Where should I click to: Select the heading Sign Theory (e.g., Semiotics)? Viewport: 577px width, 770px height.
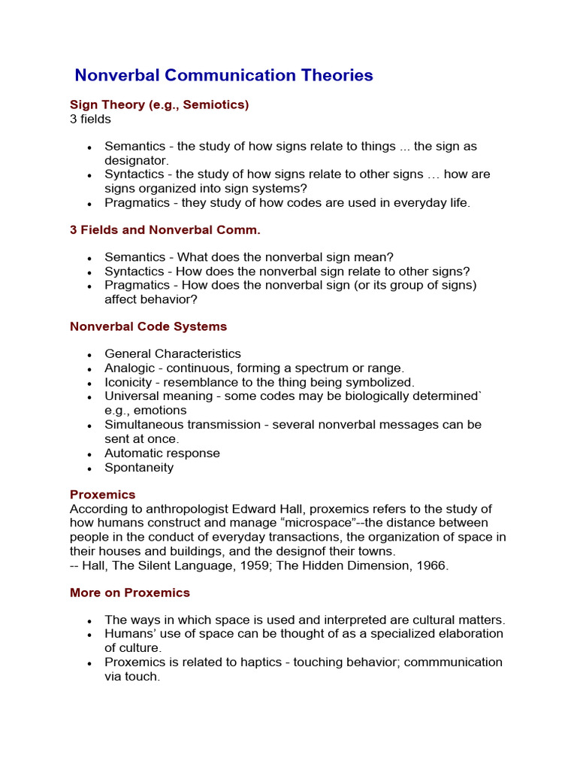[x=159, y=105]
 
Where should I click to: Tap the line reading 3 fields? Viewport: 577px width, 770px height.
[x=90, y=119]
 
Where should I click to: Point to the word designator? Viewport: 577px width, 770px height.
[x=136, y=160]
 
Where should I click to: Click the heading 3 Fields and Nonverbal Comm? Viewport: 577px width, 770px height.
[x=165, y=229]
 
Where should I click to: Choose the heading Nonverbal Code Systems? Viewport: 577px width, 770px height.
[x=148, y=326]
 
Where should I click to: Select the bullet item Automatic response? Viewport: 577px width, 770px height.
[x=162, y=453]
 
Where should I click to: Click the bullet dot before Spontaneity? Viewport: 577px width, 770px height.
[x=89, y=468]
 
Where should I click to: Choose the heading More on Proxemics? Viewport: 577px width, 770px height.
[x=130, y=593]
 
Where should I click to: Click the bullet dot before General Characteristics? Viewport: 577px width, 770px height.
[x=89, y=354]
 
